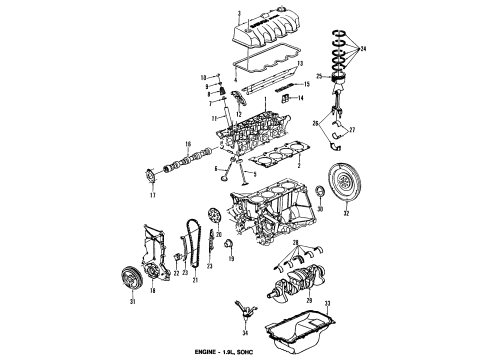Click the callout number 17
(x=153, y=195)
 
